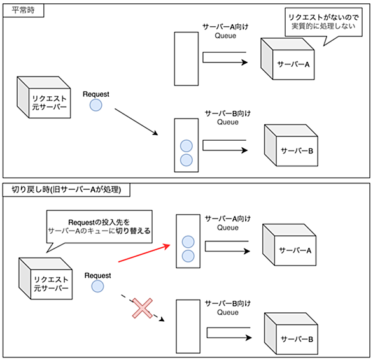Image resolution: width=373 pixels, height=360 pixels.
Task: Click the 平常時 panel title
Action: pyautogui.click(x=23, y=10)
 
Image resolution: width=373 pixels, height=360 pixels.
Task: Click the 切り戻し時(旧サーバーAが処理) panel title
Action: pyautogui.click(x=66, y=189)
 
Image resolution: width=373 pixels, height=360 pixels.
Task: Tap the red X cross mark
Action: pyautogui.click(x=142, y=308)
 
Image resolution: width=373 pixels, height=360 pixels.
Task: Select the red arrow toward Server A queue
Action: pyautogui.click(x=144, y=254)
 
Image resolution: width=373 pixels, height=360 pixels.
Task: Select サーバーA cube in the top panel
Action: pyautogui.click(x=287, y=59)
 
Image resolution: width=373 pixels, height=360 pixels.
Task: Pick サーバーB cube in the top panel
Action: pyautogui.click(x=291, y=145)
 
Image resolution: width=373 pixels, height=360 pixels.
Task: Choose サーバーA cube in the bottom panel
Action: pyautogui.click(x=289, y=245)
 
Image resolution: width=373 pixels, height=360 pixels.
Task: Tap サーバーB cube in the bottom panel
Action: pyautogui.click(x=291, y=334)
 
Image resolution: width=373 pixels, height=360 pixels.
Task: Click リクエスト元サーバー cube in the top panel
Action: pyautogui.click(x=44, y=97)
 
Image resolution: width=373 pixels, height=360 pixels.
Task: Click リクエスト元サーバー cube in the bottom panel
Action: pyautogui.click(x=45, y=278)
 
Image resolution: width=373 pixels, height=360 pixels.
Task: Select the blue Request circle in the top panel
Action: pyautogui.click(x=96, y=105)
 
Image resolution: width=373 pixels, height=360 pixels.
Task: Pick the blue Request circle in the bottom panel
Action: pyautogui.click(x=97, y=286)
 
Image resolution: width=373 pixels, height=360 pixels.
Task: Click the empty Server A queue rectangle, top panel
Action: pyautogui.click(x=186, y=59)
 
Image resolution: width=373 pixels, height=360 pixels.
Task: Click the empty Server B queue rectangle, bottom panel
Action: pyautogui.click(x=188, y=326)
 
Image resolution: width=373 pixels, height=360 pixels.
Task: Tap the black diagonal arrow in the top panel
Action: pyautogui.click(x=136, y=122)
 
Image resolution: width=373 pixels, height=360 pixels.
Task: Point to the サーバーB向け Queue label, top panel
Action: pyautogui.click(x=228, y=118)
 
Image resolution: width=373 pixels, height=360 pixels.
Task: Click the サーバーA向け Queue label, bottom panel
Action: pyautogui.click(x=228, y=223)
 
